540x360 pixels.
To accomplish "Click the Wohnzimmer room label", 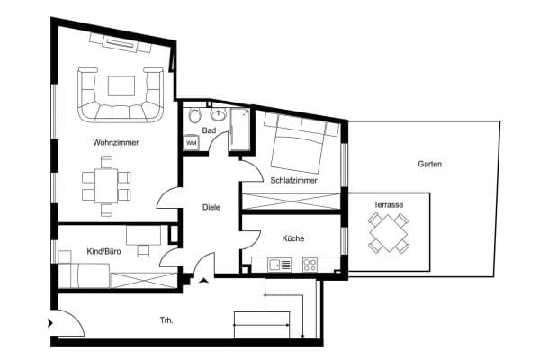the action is [x=116, y=142].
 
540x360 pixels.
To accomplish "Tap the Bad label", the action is [x=209, y=130].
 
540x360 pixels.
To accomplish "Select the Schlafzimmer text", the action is [x=293, y=180].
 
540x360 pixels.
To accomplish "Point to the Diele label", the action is [x=211, y=207].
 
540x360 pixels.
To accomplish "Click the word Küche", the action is [x=293, y=238].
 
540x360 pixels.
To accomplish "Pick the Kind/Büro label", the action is [x=103, y=251].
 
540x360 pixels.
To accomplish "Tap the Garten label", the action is [x=430, y=164].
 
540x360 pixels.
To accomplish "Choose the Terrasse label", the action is [x=389, y=205].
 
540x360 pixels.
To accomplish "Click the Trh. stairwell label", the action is [x=166, y=320].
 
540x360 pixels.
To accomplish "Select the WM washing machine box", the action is [x=191, y=142].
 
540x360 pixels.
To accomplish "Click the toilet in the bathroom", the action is [x=195, y=116].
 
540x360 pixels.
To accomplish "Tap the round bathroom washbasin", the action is [x=218, y=115].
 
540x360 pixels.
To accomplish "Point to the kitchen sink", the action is [x=280, y=265].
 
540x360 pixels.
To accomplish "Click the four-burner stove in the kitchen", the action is [x=310, y=265].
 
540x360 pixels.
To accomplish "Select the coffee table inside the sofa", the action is [x=121, y=86].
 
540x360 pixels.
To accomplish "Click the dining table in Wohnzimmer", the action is [x=106, y=186].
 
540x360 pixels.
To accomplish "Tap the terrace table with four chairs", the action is [x=389, y=233].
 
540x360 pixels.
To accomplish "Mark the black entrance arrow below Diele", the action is [x=204, y=280].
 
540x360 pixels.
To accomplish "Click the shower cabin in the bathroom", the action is [x=240, y=130].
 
